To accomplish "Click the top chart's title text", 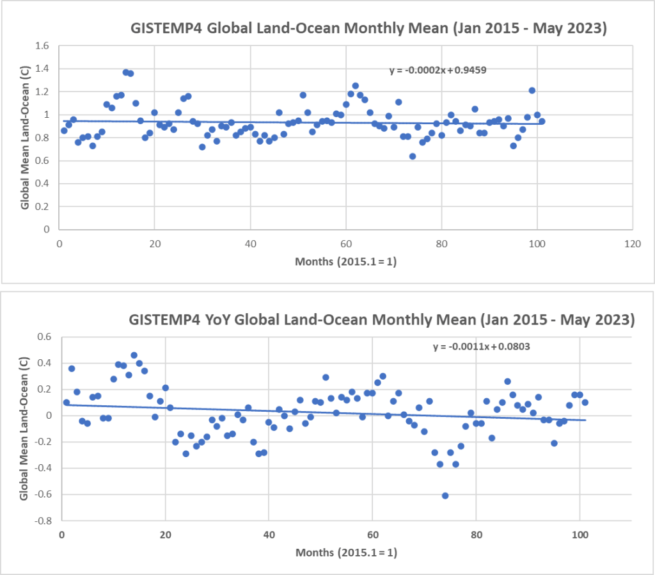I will (x=369, y=29).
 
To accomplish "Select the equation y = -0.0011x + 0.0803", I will (x=482, y=346).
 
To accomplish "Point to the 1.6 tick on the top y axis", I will (x=43, y=46).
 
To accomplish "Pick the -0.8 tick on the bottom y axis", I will (x=43, y=521).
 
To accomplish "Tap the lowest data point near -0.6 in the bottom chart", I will (x=445, y=496).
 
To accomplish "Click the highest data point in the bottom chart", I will (x=134, y=355).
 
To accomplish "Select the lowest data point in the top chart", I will (x=413, y=156).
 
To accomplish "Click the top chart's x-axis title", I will (x=345, y=261).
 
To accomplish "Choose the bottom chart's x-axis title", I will (x=345, y=551).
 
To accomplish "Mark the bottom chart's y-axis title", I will (x=24, y=430).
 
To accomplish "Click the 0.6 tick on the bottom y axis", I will (x=45, y=336).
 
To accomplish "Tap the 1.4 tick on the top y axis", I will (x=43, y=69).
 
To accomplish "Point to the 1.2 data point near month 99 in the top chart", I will (x=532, y=90).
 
